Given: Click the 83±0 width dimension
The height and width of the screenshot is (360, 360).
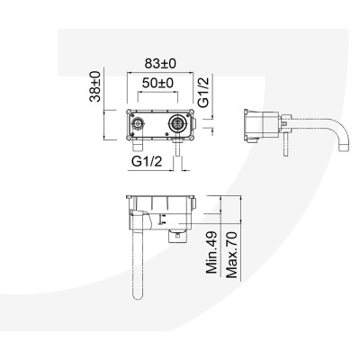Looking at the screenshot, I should (159, 64).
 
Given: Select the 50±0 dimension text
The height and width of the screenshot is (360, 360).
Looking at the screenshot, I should (158, 82).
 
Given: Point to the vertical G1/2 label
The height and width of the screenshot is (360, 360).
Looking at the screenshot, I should (204, 91).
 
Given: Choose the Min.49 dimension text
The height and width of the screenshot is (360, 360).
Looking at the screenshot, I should (213, 255).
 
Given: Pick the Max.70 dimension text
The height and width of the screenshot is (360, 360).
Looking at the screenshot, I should (232, 254).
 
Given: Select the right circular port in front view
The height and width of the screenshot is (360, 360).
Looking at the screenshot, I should (178, 122).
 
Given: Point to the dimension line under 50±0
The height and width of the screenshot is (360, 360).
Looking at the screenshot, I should (158, 93).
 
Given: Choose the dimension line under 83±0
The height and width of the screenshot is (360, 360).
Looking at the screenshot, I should (159, 74).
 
